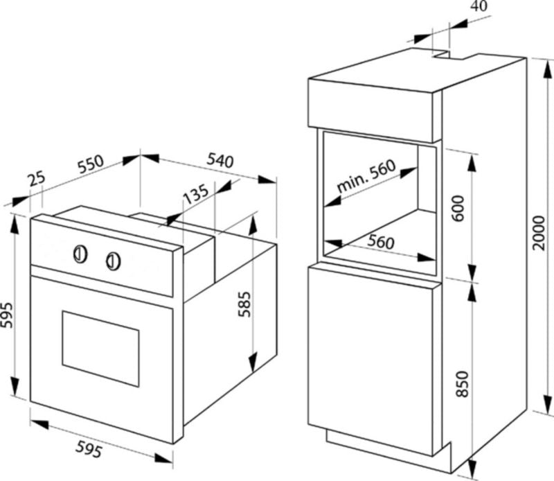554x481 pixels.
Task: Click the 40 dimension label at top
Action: pos(479,6)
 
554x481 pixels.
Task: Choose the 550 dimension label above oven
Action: pos(90,165)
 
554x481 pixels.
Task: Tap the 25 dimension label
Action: pos(36,180)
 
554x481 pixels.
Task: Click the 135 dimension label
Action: pos(197,198)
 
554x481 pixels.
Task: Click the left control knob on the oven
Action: pos(80,254)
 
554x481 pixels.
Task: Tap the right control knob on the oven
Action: pos(113,261)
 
